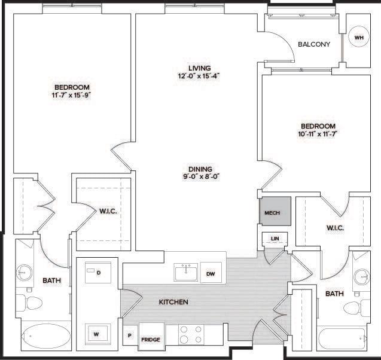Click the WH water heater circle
[359, 38]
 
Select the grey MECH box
[275, 211]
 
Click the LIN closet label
[275, 239]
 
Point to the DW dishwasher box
[211, 273]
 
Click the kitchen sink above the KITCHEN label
[185, 273]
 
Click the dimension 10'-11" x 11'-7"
[318, 135]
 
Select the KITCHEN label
[173, 303]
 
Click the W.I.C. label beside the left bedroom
[108, 210]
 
